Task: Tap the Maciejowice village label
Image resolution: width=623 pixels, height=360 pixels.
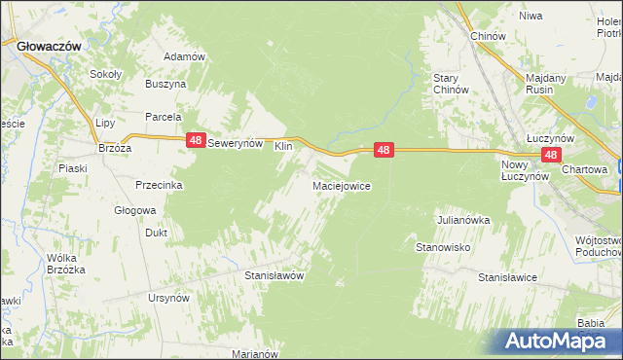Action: point(341,185)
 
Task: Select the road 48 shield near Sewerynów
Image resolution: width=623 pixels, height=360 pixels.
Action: point(196,141)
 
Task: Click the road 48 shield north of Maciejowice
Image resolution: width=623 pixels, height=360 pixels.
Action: point(385,150)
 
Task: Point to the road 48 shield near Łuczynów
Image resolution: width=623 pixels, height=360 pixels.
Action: point(552,155)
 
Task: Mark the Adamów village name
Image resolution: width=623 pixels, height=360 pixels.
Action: point(185,56)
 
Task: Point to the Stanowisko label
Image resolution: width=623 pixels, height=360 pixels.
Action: point(444,248)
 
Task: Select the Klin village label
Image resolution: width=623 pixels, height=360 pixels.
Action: point(283,146)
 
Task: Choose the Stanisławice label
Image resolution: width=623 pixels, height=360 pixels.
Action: point(507,277)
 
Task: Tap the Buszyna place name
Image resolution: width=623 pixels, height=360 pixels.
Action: point(165,85)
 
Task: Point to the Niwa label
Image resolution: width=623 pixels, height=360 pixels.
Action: point(531,17)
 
